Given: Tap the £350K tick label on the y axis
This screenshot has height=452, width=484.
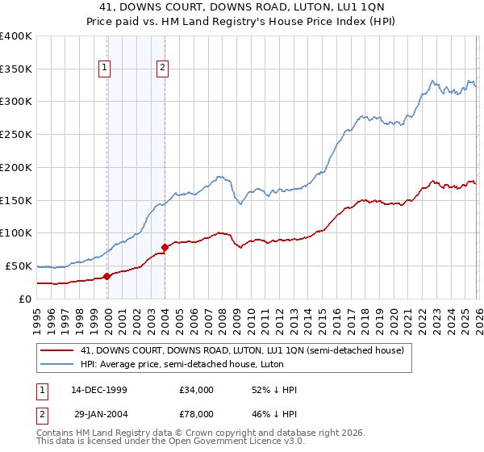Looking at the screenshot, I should (x=16, y=69).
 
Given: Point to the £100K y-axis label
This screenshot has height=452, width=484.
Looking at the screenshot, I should (x=16, y=233).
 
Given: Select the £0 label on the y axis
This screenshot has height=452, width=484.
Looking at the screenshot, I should (x=24, y=299).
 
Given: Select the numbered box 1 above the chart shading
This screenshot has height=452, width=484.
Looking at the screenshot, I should (x=105, y=69).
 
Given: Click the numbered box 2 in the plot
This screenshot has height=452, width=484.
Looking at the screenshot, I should (x=162, y=69).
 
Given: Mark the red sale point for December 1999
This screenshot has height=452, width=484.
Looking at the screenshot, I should (x=107, y=276).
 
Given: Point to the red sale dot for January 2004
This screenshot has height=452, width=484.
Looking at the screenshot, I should (x=165, y=247).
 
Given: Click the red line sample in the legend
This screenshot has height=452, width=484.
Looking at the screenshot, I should (x=57, y=350).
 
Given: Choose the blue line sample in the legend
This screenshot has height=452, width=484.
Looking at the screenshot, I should (x=57, y=364).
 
